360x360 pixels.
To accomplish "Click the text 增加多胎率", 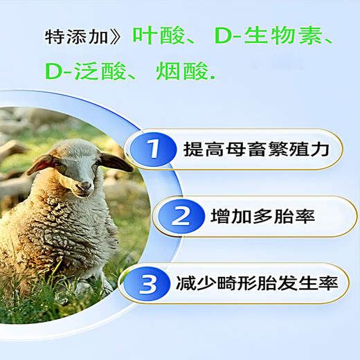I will pos(263,216).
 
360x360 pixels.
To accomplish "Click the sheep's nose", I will pos(82,186).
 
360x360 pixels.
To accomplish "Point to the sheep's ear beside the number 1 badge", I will pos(116,163).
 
